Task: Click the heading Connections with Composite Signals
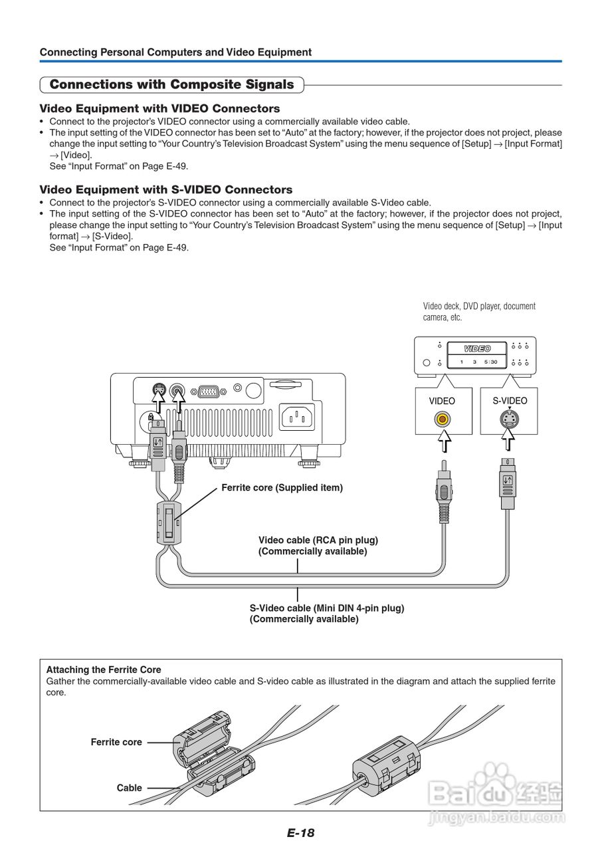pyautogui.click(x=171, y=84)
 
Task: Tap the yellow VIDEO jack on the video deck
pyautogui.click(x=442, y=420)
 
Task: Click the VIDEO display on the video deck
pyautogui.click(x=477, y=348)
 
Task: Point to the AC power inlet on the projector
pyautogui.click(x=297, y=418)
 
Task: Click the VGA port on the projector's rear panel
pyautogui.click(x=208, y=390)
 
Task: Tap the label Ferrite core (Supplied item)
pyautogui.click(x=282, y=488)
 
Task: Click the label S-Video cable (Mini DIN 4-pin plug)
pyautogui.click(x=327, y=608)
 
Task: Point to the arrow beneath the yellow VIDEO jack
pyautogui.click(x=442, y=441)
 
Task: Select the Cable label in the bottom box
pyautogui.click(x=129, y=788)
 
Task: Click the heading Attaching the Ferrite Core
pyautogui.click(x=104, y=669)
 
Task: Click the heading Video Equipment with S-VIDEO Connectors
pyautogui.click(x=166, y=189)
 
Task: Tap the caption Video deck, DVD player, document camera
pyautogui.click(x=479, y=312)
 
